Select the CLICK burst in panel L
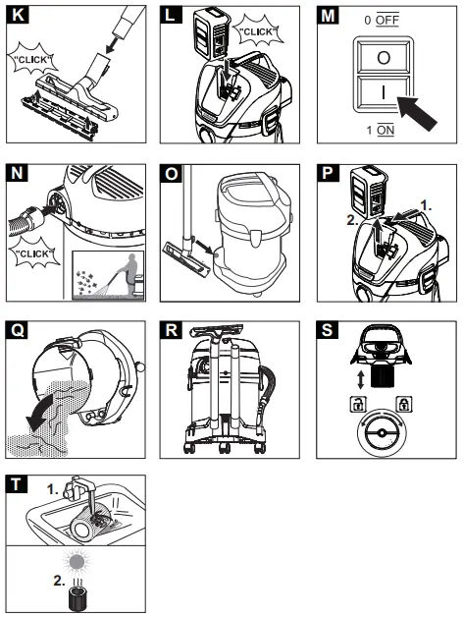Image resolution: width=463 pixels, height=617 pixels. pos(258,33)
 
